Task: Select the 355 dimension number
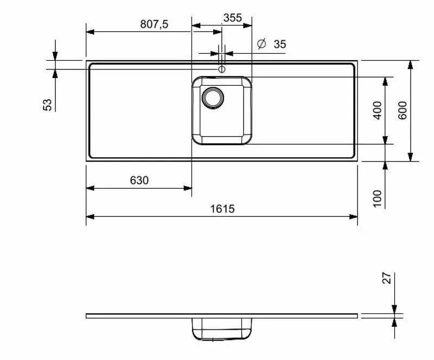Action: pyautogui.click(x=232, y=18)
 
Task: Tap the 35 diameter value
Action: pyautogui.click(x=279, y=44)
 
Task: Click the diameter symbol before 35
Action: pyautogui.click(x=261, y=44)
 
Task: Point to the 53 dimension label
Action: pyautogui.click(x=48, y=104)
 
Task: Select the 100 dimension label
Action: pyautogui.click(x=378, y=198)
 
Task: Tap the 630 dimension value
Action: pyautogui.click(x=139, y=181)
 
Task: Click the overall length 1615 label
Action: pyautogui.click(x=221, y=209)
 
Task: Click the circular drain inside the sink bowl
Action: pyautogui.click(x=212, y=97)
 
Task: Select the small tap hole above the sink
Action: pyautogui.click(x=221, y=69)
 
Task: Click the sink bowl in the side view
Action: pyautogui.click(x=221, y=329)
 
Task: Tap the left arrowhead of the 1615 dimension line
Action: pyautogui.click(x=90, y=217)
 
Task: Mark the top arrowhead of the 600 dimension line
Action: pyautogui.click(x=411, y=64)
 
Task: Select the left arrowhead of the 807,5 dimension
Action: pyautogui.click(x=90, y=31)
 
